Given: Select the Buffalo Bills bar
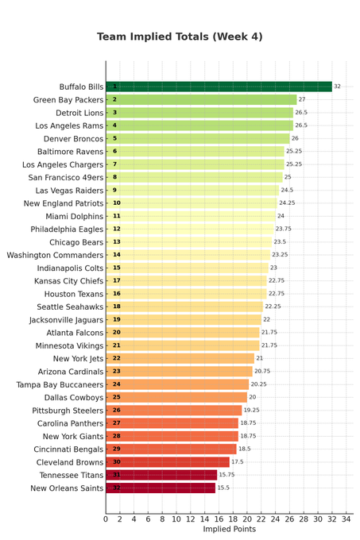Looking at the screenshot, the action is tap(219, 87).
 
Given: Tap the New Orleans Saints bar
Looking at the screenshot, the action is tap(161, 488).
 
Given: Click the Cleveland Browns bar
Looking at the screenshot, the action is tap(168, 462).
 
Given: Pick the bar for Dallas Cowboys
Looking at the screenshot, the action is tap(176, 397).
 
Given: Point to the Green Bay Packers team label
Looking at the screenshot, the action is tap(68, 100).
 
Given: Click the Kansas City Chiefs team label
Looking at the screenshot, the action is tap(68, 281).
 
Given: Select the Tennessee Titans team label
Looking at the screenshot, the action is tap(72, 475).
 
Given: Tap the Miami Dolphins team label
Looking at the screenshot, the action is tap(75, 216).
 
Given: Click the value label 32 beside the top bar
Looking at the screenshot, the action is tap(337, 87).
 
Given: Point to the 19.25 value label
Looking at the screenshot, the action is tap(251, 411).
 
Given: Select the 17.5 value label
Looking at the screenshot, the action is tap(238, 462).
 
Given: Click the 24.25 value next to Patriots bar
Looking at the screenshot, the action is tap(287, 202).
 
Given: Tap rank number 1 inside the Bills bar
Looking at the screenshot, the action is tap(114, 87).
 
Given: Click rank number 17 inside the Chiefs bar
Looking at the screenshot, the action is tap(117, 280).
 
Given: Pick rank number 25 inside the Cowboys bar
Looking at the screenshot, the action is tap(117, 397).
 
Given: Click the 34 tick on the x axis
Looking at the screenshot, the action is tap(346, 519).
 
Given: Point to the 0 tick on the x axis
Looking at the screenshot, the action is tap(106, 519).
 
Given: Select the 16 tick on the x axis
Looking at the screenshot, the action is tap(219, 519).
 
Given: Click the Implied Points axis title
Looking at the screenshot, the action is tap(230, 530).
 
